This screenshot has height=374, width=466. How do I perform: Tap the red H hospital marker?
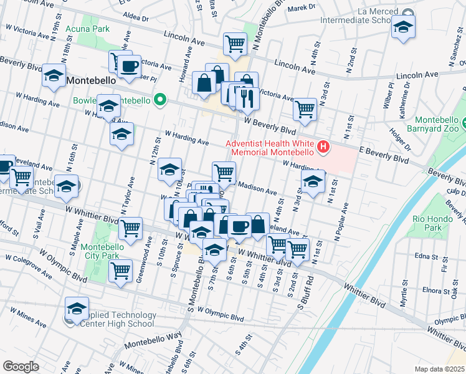point(323,148)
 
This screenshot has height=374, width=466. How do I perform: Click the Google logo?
point(21,366)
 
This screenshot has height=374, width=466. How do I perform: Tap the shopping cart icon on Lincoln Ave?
point(235,43)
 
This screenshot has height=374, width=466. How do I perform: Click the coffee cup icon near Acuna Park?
point(130,65)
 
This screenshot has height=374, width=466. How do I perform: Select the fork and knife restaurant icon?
point(247,97)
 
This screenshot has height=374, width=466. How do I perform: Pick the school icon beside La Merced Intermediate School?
point(403,28)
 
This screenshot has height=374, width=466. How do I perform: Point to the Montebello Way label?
point(152,341)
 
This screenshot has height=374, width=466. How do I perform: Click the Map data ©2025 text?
point(440,368)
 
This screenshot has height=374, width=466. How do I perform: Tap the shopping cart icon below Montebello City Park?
point(120,271)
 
